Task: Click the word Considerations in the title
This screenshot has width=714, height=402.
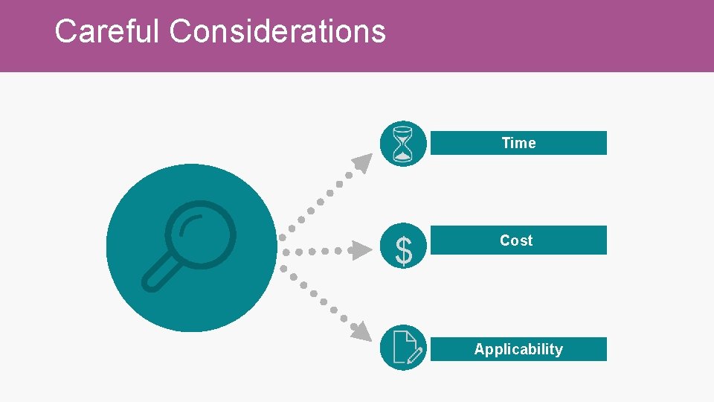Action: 277,31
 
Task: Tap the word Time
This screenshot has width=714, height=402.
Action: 518,143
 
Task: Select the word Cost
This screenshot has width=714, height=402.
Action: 516,240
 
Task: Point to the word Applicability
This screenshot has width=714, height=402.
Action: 518,349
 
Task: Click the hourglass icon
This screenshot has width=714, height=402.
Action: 403,144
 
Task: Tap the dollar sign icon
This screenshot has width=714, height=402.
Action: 403,252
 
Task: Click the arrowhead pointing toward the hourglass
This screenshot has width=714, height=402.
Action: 363,162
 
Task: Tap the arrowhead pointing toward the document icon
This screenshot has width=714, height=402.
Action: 361,332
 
